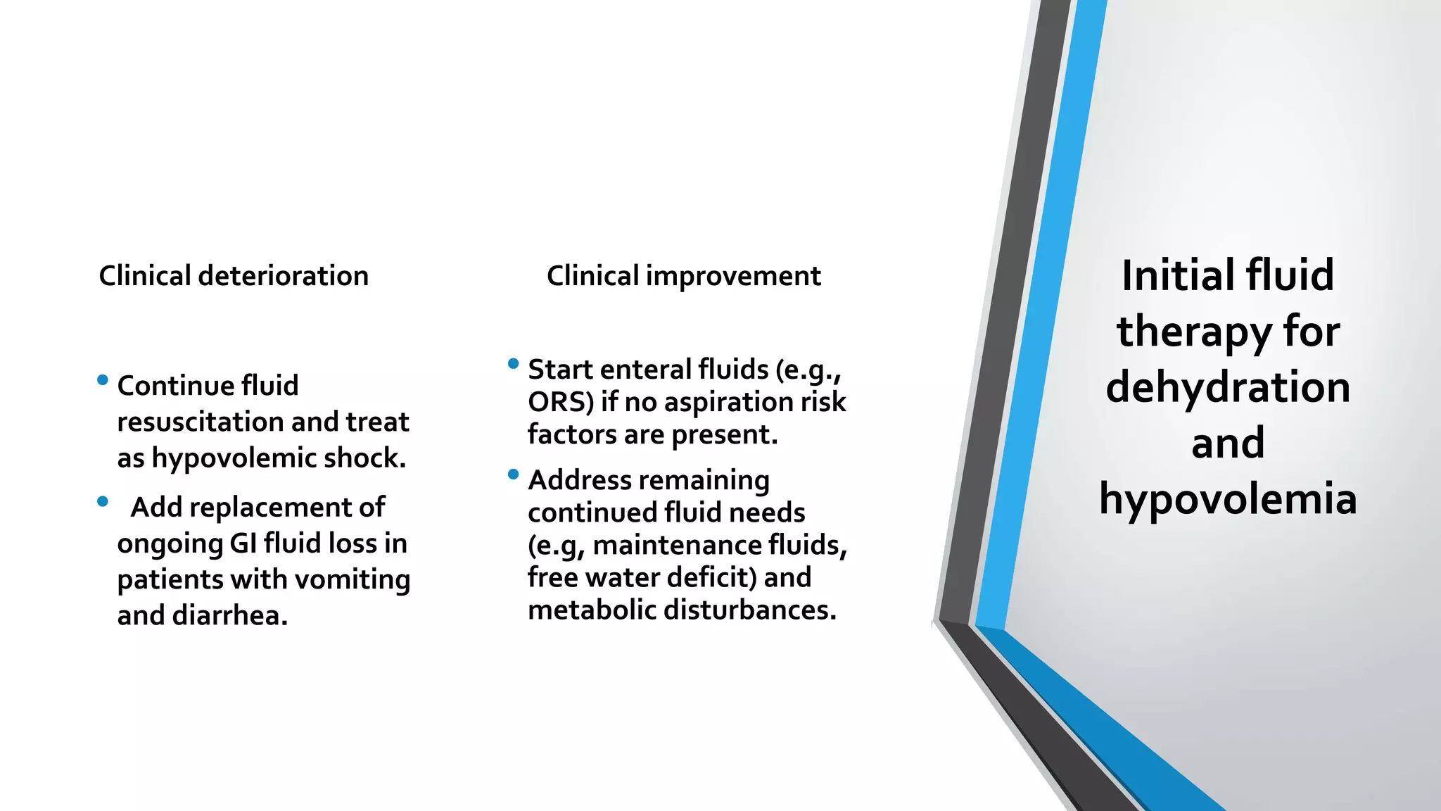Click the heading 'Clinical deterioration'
[x=233, y=275]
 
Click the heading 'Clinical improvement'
[x=683, y=275]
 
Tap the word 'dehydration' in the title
[x=1228, y=388]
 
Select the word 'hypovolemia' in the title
[x=1228, y=500]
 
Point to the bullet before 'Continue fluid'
[x=103, y=380]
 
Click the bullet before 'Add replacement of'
[x=103, y=502]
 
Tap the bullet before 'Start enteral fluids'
[x=513, y=364]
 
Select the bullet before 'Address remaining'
[x=513, y=474]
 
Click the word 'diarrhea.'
[x=230, y=616]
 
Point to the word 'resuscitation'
[x=200, y=422]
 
